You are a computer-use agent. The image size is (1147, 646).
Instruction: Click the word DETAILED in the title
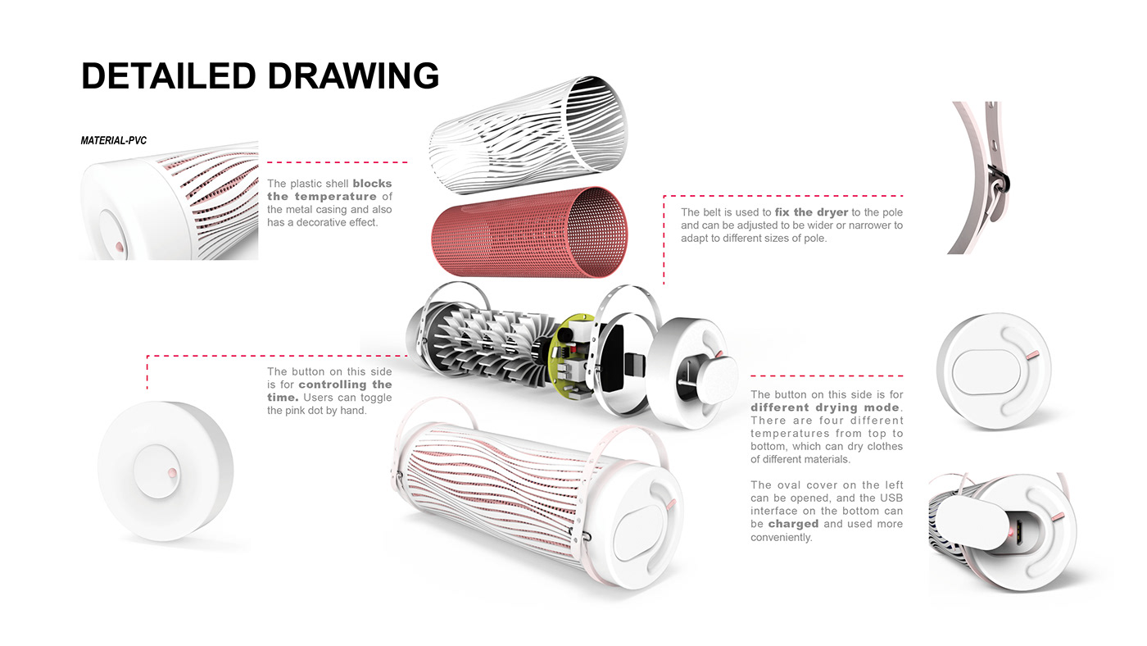(x=168, y=75)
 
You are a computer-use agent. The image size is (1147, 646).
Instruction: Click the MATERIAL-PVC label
(x=113, y=141)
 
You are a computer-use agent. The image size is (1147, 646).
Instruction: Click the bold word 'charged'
(x=793, y=524)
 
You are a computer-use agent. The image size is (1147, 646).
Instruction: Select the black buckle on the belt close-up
(x=1000, y=175)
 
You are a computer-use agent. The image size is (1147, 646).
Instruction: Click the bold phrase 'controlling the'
(x=345, y=384)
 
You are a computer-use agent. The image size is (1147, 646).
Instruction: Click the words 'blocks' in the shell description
(x=372, y=184)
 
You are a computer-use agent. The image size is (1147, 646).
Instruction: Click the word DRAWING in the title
(x=353, y=75)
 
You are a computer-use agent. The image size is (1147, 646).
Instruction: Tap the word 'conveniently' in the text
(x=781, y=538)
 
